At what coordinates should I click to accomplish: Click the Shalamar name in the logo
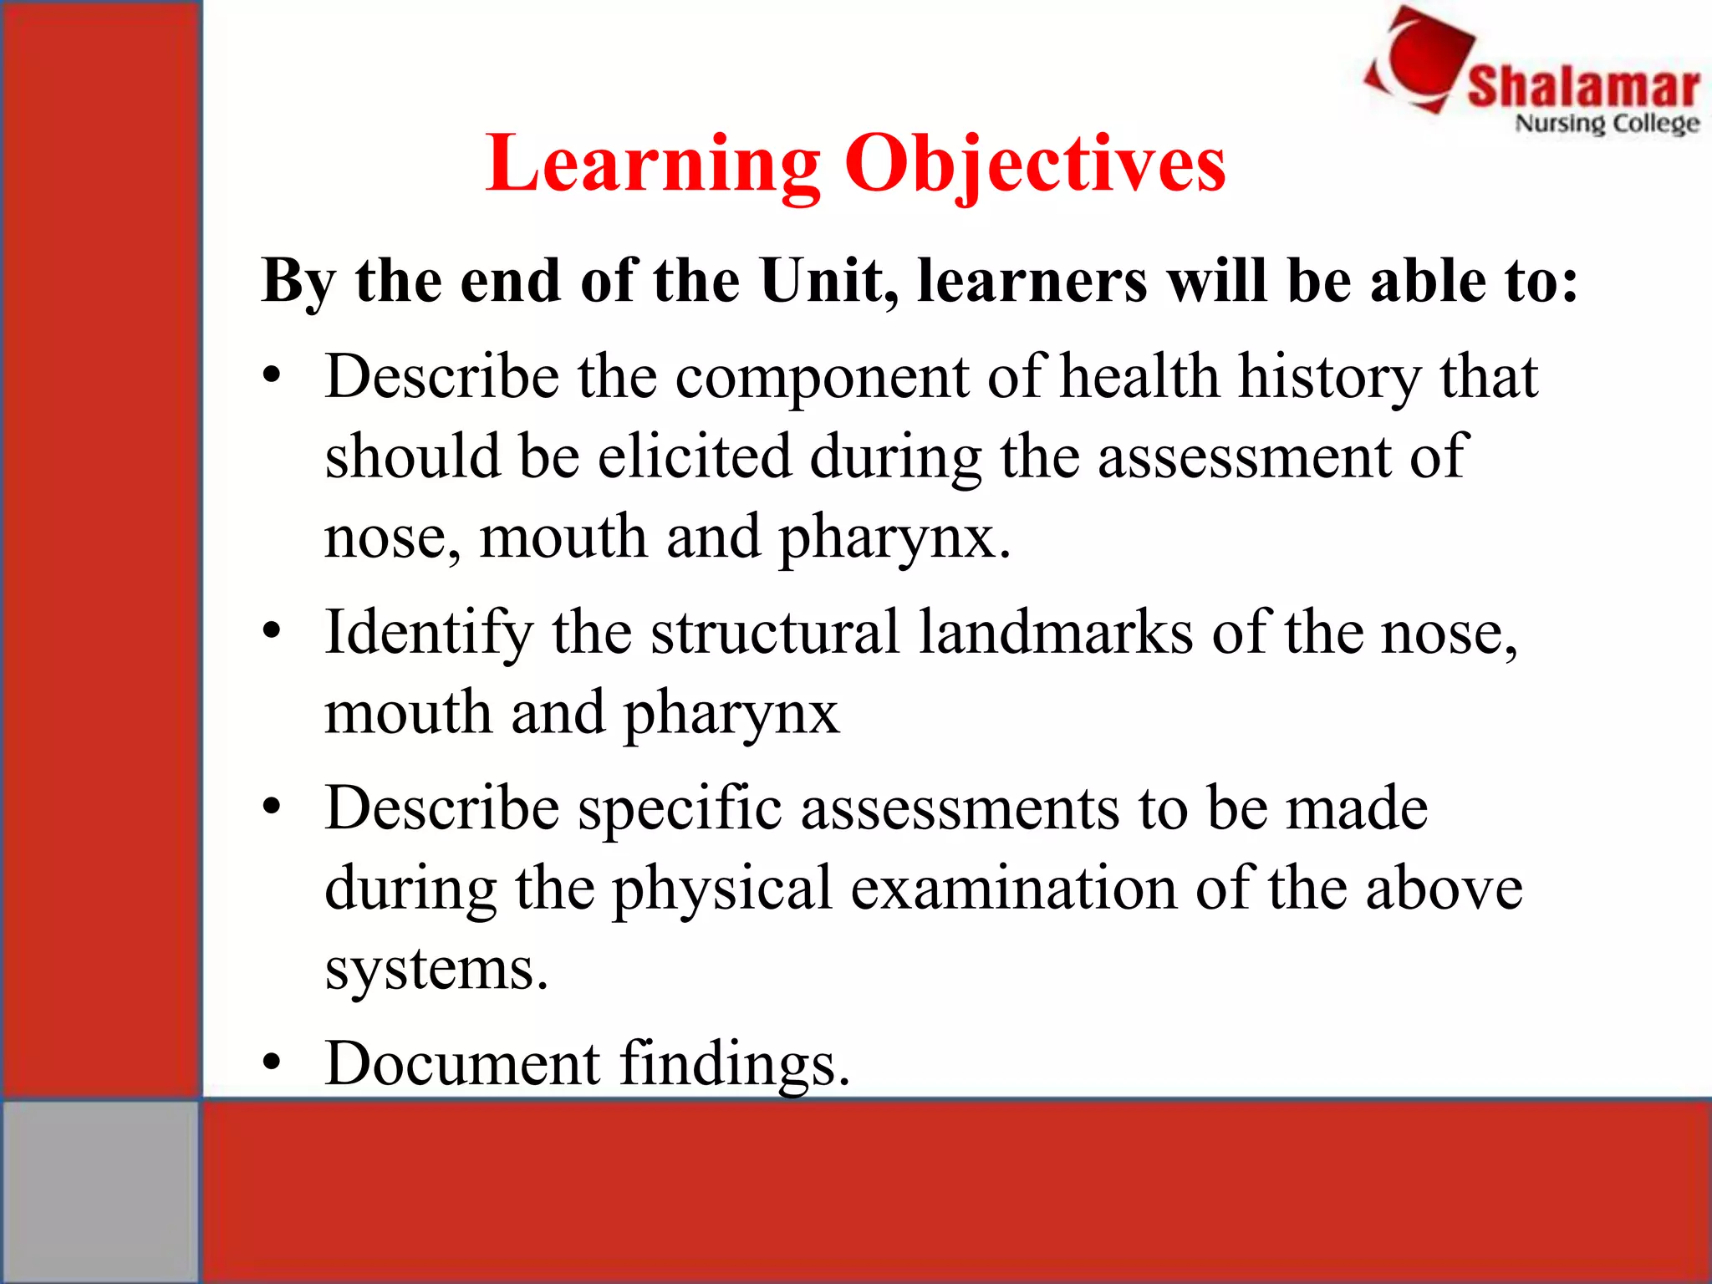(1583, 87)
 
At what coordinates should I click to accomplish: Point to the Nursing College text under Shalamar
(1607, 124)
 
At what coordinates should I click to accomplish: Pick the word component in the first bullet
(822, 378)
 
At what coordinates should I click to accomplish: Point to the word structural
(775, 633)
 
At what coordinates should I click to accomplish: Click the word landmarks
(1056, 633)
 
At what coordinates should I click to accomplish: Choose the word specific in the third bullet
(680, 809)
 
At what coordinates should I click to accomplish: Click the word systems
(436, 970)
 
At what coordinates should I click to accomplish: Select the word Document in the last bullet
(462, 1063)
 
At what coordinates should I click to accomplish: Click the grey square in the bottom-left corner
(100, 1191)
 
